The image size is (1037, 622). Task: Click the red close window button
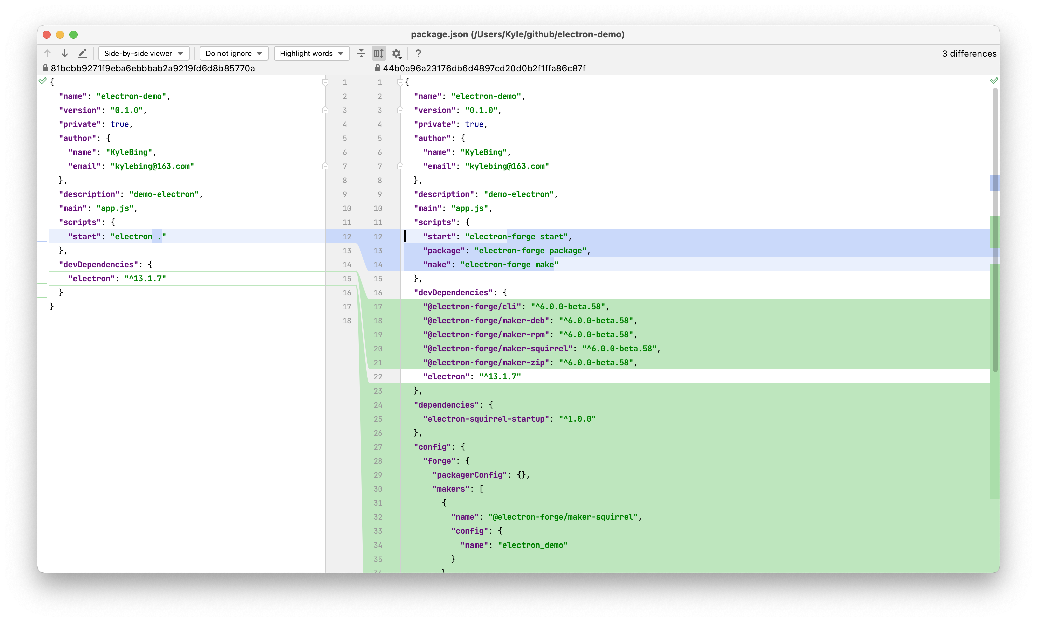coord(47,35)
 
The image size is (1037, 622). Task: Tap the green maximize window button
coord(73,35)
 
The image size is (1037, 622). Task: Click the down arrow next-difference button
coord(64,53)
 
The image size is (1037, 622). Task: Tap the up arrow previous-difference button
coord(47,53)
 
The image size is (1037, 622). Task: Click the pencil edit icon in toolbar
coord(82,53)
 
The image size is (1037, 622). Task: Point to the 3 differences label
coord(969,54)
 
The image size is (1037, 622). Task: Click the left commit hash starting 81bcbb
coord(153,68)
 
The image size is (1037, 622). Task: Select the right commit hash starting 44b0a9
coord(484,68)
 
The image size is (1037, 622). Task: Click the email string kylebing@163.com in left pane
coord(152,166)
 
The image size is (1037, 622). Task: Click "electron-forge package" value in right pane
coord(530,251)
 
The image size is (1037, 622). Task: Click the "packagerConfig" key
coord(469,475)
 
